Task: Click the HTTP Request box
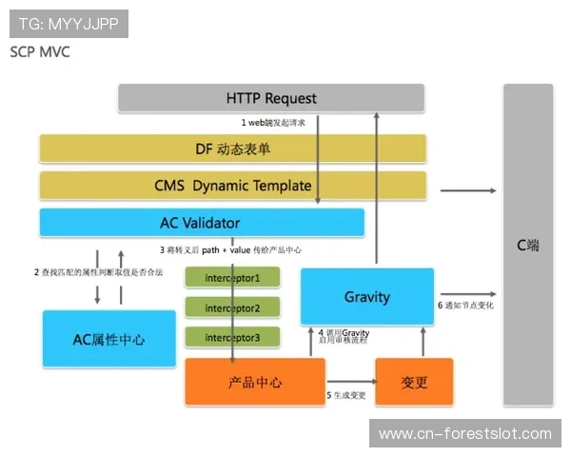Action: click(x=271, y=98)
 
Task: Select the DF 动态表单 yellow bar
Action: click(x=232, y=149)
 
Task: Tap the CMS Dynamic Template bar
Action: click(x=232, y=186)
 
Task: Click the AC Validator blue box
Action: click(x=201, y=223)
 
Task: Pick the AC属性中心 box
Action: click(x=109, y=339)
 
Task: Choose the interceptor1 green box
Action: click(x=232, y=278)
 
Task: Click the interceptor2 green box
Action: click(x=232, y=308)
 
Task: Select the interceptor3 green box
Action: click(x=232, y=336)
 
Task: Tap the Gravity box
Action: click(x=367, y=296)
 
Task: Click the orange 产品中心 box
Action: click(x=255, y=383)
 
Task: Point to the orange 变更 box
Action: click(x=414, y=383)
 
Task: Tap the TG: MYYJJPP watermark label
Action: click(x=68, y=23)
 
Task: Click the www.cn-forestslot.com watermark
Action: click(x=464, y=434)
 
